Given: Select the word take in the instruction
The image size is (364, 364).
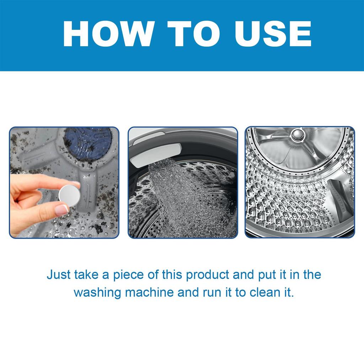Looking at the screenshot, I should [x=84, y=275].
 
